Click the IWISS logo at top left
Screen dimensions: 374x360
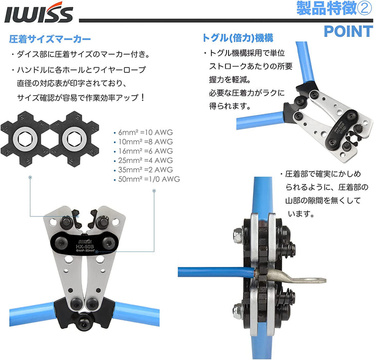[39, 13]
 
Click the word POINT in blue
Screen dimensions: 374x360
[348, 31]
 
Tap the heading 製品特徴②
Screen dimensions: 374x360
[334, 8]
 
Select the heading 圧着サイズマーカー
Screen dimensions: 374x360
[50, 39]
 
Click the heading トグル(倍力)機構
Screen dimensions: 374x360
[237, 38]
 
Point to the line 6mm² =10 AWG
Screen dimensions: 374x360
[145, 132]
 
